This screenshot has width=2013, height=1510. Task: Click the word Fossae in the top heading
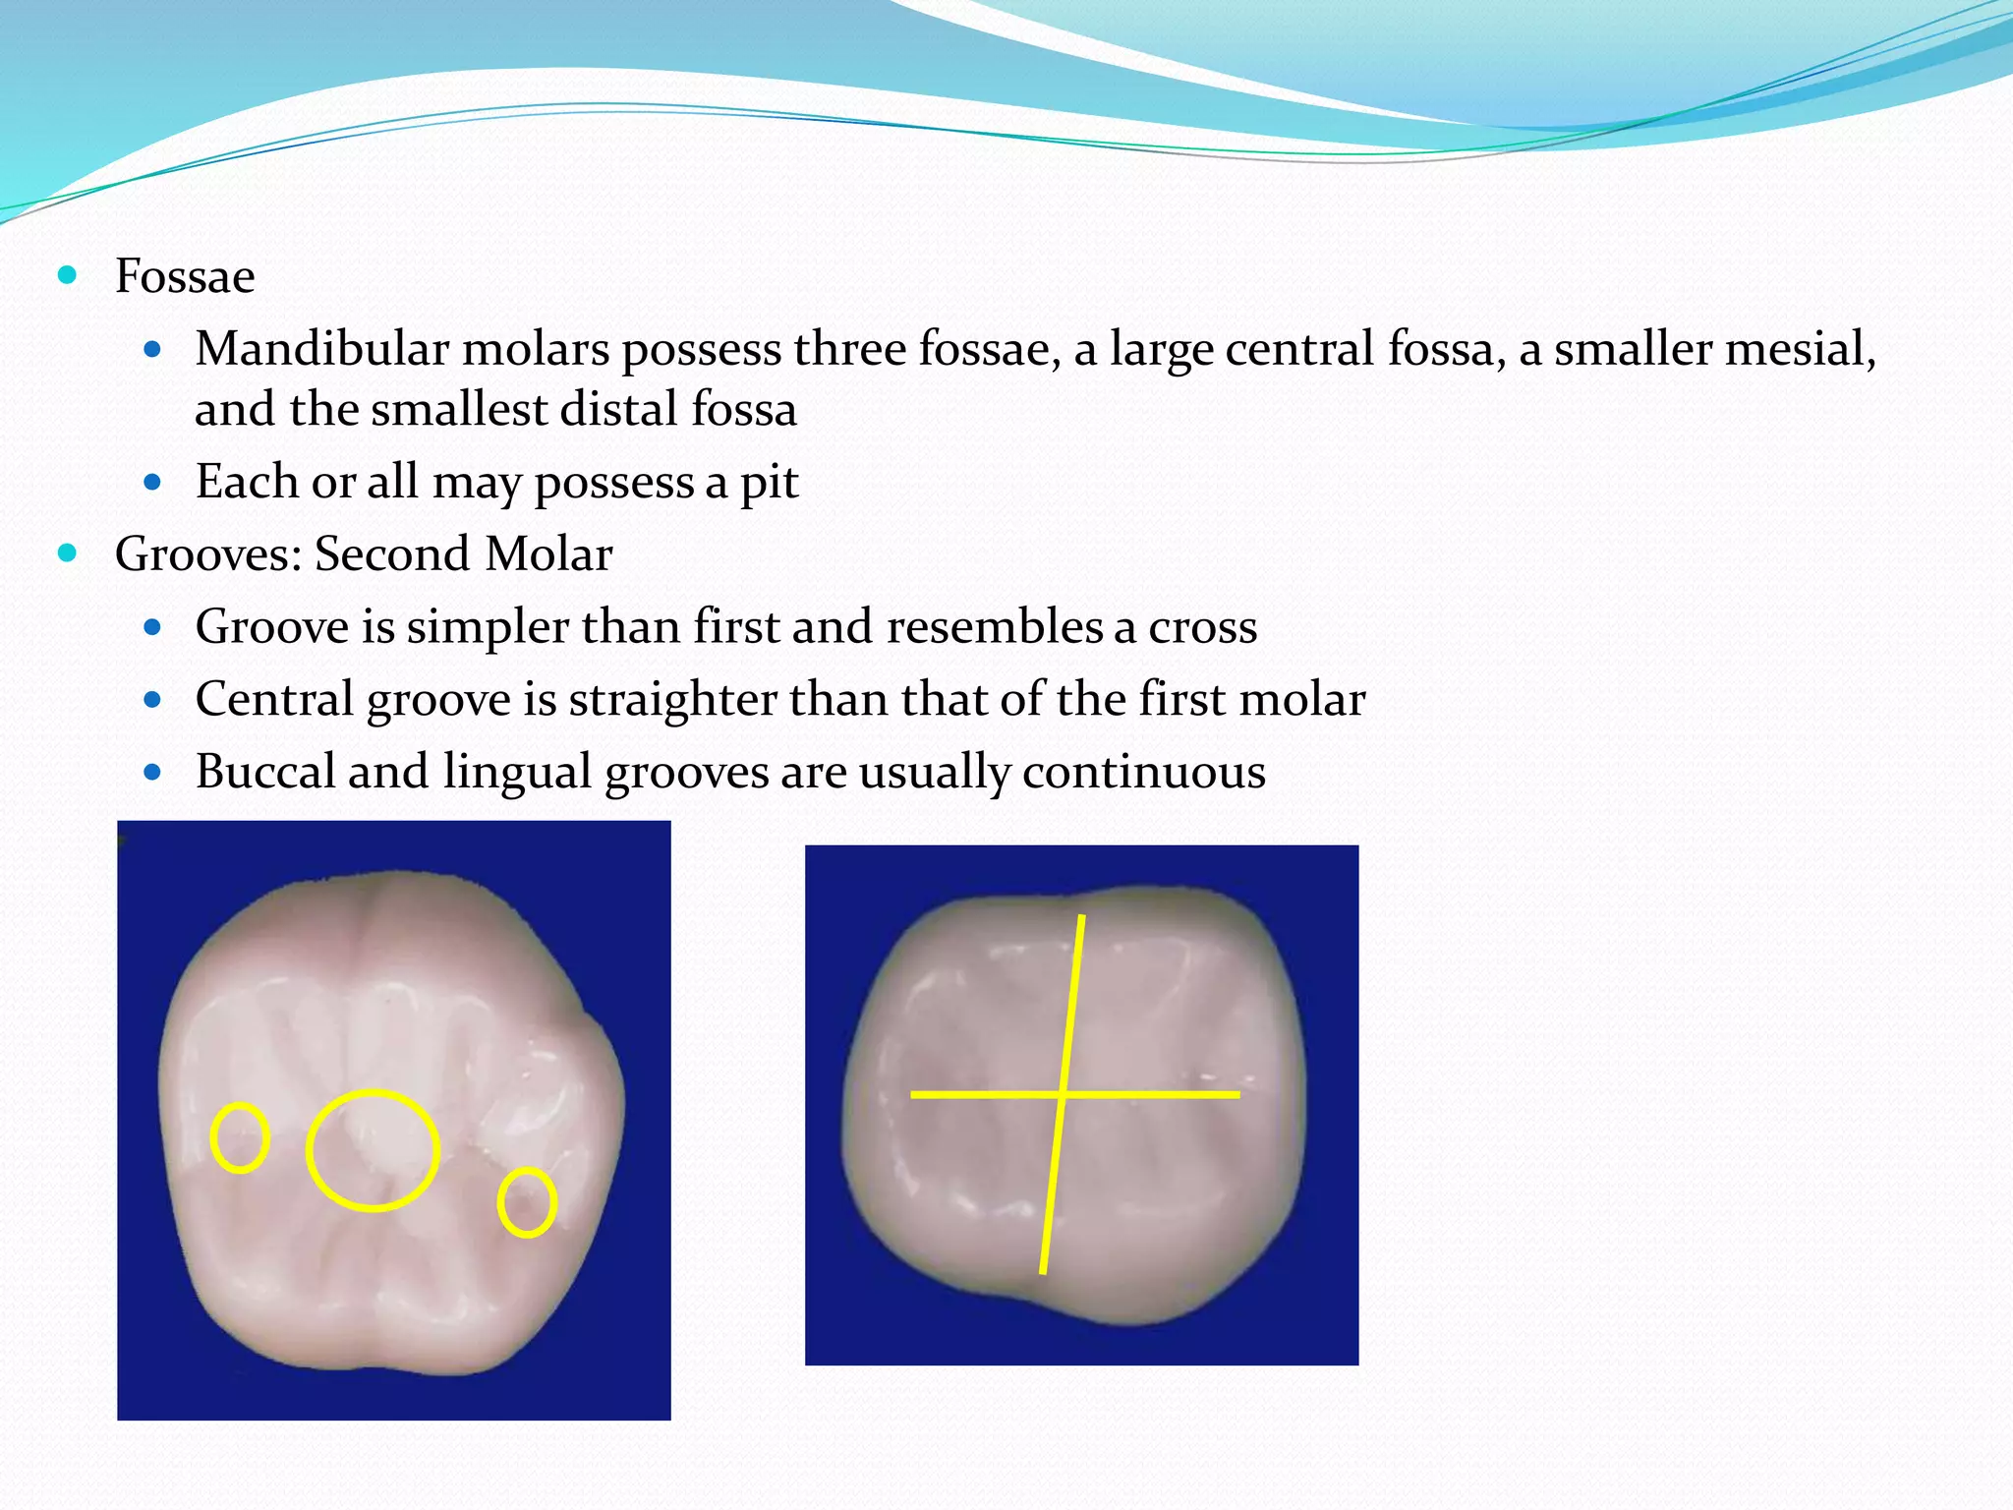[x=185, y=276]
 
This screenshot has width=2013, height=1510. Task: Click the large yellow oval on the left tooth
[x=373, y=1149]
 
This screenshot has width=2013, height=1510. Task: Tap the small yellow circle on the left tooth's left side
[x=240, y=1137]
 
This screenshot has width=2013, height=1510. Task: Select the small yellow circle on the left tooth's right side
[x=527, y=1201]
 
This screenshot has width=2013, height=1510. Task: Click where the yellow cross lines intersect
[x=1063, y=1093]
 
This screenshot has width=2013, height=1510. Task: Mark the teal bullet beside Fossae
[x=67, y=275]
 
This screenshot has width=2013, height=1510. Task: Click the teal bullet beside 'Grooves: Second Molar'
[x=67, y=553]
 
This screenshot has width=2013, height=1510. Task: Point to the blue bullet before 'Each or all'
[x=151, y=483]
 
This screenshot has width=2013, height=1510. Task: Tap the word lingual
[x=516, y=772]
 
